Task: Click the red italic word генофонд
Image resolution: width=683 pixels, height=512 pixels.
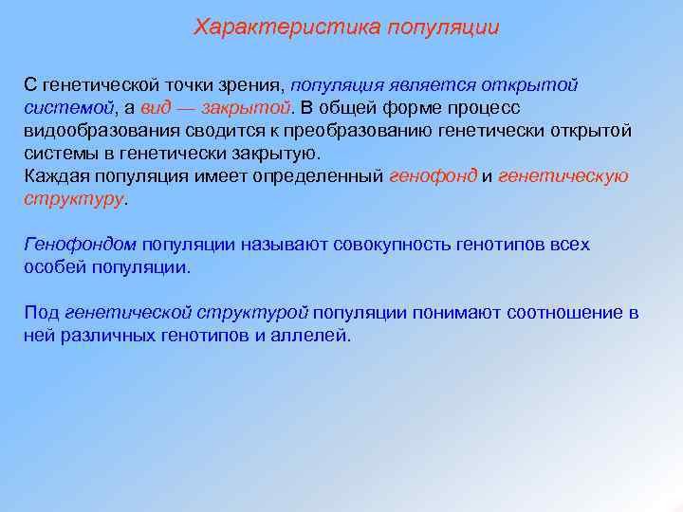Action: coord(433,176)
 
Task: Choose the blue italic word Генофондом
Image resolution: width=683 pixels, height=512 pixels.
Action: coord(81,245)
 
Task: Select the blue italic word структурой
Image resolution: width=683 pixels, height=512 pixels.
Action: coord(255,313)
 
